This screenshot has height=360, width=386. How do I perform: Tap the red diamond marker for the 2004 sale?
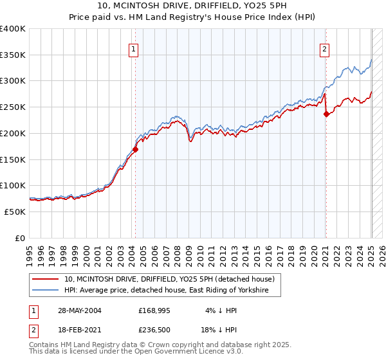click(x=135, y=150)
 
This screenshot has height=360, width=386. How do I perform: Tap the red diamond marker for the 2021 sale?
click(x=326, y=114)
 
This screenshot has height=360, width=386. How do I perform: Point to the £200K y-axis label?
click(x=13, y=134)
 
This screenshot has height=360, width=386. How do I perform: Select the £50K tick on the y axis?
click(x=15, y=212)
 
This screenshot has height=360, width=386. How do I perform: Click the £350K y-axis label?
click(x=13, y=55)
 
